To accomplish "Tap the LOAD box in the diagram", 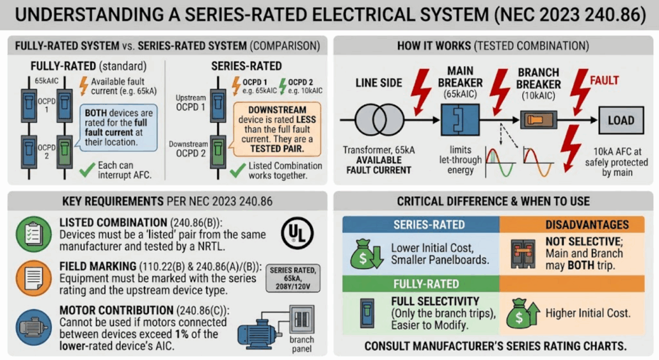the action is (621, 121).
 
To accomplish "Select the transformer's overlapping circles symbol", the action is (379, 120).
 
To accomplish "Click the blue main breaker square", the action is (460, 120).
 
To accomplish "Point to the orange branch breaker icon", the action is (539, 120).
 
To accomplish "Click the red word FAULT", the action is (605, 80).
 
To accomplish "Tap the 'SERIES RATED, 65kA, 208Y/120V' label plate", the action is (293, 278).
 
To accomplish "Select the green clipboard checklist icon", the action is (34, 234).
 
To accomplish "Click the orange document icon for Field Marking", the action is (34, 278).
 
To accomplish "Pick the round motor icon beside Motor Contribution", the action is (34, 327).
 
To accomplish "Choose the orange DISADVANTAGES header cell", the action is (572, 224).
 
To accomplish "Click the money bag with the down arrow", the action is (366, 254).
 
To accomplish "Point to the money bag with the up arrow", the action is (523, 313).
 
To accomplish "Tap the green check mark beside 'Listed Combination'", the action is (238, 170).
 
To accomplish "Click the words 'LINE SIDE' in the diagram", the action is (379, 83).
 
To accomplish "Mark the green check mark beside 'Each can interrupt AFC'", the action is (87, 169).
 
